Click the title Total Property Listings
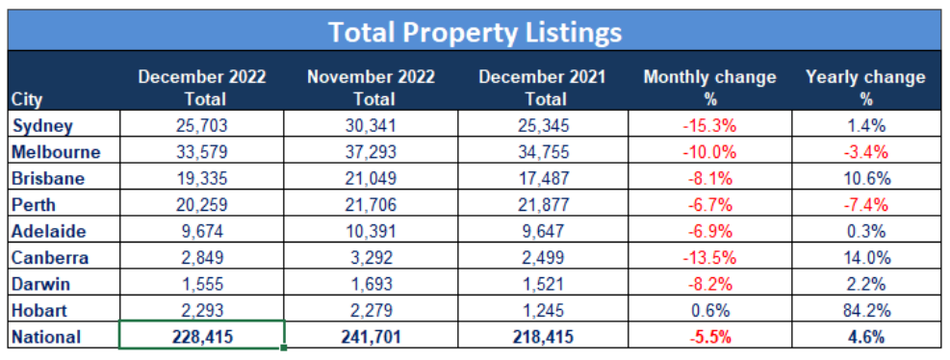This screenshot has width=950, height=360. (x=475, y=32)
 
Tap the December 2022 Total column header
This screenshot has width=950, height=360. (x=202, y=87)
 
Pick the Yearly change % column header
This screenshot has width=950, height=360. (x=865, y=87)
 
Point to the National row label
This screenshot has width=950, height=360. (x=44, y=337)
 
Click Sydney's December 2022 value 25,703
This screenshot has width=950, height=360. (x=202, y=125)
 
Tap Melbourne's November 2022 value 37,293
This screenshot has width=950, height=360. (x=371, y=151)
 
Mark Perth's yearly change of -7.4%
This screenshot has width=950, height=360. (x=865, y=205)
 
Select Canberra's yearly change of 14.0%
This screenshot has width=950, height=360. (x=865, y=258)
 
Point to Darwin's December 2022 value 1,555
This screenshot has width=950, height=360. (x=202, y=284)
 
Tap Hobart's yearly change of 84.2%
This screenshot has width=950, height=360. (x=865, y=311)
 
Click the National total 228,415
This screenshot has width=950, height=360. (x=202, y=337)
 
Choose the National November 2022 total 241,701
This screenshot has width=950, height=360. (x=371, y=337)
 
